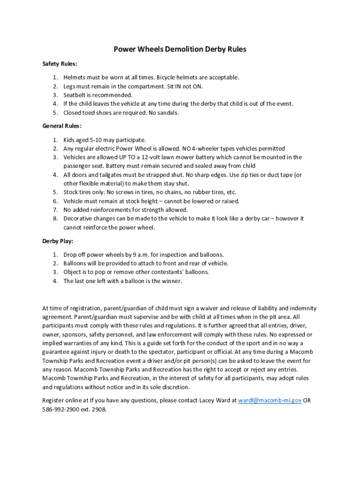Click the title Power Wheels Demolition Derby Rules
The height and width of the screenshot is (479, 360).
[x=180, y=49]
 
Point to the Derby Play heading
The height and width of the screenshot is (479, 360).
[x=58, y=241]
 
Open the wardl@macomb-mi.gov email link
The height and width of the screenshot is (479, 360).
[x=270, y=400]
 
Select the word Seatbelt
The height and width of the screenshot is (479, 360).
[x=76, y=95]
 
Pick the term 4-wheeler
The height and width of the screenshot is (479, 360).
[x=205, y=149]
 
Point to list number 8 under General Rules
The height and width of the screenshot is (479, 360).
[x=55, y=218]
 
